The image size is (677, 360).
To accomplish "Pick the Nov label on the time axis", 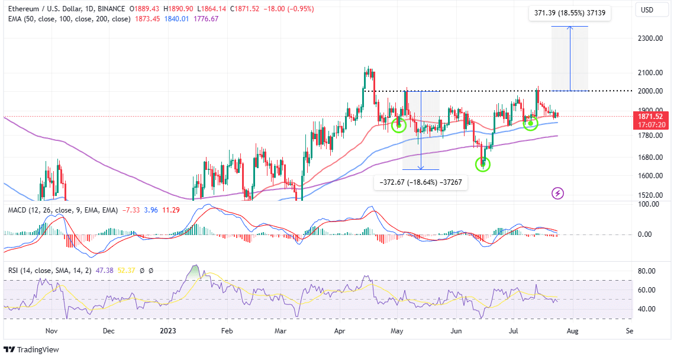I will (x=51, y=332).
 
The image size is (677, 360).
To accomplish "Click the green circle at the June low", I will (x=483, y=164).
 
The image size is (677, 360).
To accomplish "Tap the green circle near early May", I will (x=399, y=125).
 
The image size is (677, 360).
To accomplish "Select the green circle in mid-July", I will (x=530, y=123).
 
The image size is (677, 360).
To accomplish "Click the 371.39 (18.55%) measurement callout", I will (x=569, y=12).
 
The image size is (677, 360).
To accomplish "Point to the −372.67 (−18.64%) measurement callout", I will (x=421, y=184).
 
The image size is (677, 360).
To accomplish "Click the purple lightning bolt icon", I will (x=557, y=193).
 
